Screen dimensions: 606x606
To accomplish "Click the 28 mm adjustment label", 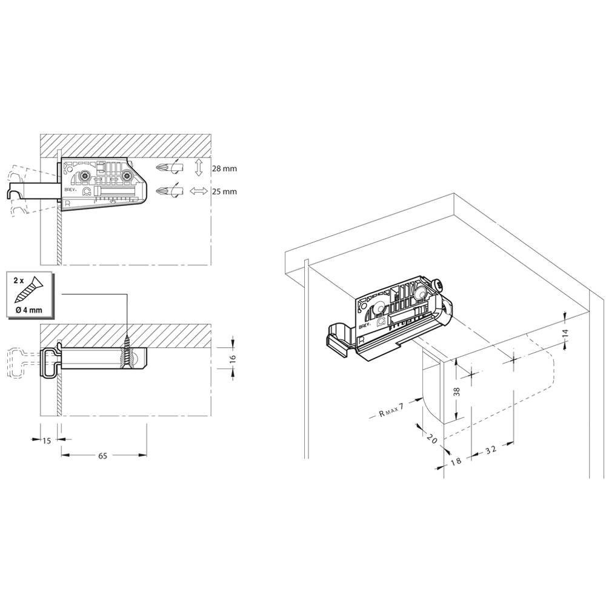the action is (x=224, y=169).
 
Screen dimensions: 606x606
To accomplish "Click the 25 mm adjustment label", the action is (x=224, y=191).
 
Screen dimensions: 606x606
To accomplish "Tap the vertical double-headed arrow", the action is (x=199, y=167).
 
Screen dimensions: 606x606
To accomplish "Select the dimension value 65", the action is (x=102, y=456).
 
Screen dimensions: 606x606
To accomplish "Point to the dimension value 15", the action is (x=47, y=441).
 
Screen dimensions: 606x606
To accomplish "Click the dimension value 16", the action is (x=233, y=358).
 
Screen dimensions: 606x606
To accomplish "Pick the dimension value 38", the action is (x=457, y=391).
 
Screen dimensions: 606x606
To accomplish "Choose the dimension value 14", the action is (x=566, y=333).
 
